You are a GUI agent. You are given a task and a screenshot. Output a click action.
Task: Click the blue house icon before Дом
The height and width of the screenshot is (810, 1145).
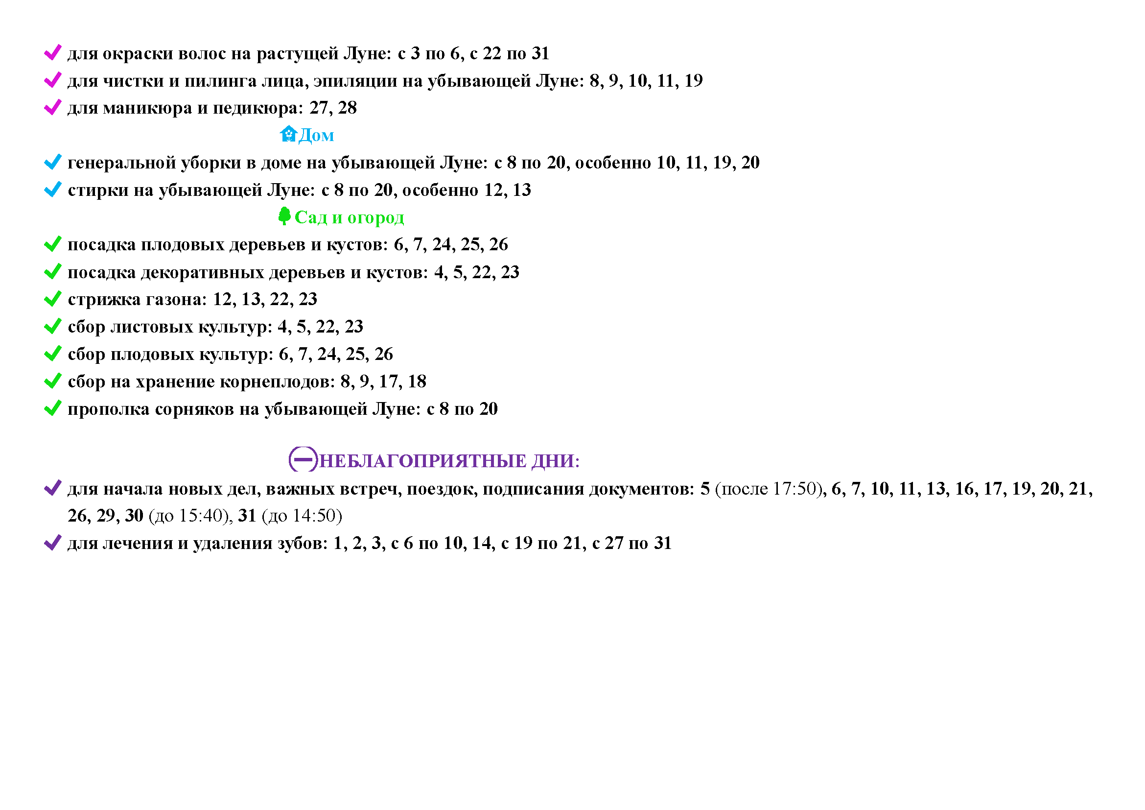coord(288,134)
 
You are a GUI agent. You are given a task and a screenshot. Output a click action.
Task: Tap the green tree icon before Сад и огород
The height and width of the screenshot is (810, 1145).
coord(284,216)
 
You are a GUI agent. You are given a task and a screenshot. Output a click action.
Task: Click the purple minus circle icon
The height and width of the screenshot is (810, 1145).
coord(303,459)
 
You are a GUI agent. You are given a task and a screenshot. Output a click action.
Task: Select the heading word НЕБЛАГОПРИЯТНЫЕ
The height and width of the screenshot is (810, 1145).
coord(422,461)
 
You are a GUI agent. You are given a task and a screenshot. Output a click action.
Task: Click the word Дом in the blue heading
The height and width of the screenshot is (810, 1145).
coord(317,135)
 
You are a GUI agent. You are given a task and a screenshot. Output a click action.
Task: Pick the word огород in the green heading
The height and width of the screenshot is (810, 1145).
coord(375,217)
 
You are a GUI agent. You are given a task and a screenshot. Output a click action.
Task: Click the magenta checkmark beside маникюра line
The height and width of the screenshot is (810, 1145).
coord(53,107)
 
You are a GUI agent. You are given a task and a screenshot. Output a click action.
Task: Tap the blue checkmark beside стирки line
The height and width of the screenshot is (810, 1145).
coord(53,190)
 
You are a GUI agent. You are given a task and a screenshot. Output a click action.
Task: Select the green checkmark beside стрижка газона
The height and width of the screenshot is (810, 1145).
coord(53,299)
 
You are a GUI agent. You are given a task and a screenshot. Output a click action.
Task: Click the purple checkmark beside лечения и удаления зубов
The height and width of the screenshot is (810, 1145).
coord(53,543)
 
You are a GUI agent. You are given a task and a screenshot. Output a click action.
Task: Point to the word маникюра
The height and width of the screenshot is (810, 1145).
coord(148,108)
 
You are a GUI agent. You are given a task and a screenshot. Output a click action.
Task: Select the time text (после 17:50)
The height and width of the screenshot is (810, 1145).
coord(768,489)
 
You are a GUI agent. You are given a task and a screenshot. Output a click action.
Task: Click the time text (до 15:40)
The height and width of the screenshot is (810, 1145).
coord(190,516)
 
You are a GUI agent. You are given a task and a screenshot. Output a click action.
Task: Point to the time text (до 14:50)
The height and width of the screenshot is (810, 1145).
coord(302,516)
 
